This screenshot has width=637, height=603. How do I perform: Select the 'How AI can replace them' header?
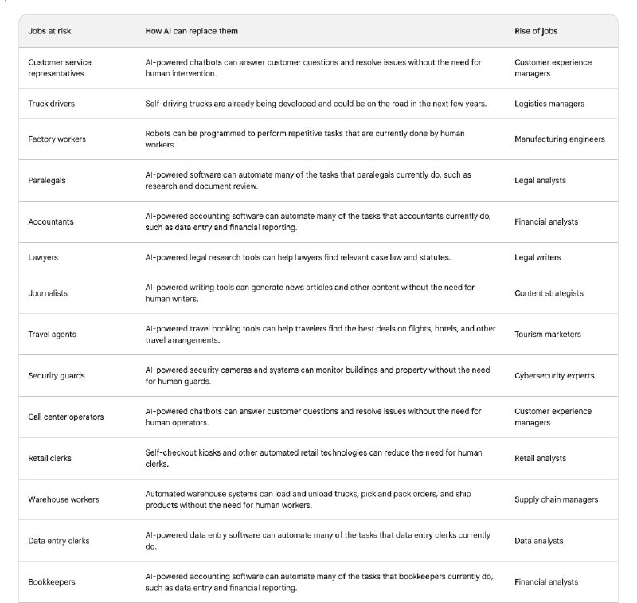pos(191,30)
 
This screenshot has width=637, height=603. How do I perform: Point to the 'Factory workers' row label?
pos(57,139)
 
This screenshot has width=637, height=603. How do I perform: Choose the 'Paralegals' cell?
pos(47,180)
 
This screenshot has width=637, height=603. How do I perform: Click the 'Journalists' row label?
pos(48,293)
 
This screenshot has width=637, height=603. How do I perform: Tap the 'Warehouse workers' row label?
pos(64,499)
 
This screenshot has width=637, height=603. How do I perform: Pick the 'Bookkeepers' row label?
pos(52,582)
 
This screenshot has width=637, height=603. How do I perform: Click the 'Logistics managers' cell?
pos(549,104)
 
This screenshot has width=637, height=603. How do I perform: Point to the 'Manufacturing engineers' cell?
pos(560,139)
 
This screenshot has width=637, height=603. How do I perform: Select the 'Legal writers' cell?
pos(538,257)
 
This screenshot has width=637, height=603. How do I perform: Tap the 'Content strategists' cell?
pos(549,293)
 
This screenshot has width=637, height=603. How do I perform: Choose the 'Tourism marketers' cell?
pos(548,335)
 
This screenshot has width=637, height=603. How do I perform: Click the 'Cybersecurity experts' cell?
pos(554,375)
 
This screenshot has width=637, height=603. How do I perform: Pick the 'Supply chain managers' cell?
pos(556,499)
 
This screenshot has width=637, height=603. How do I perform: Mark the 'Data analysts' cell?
pos(539,541)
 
